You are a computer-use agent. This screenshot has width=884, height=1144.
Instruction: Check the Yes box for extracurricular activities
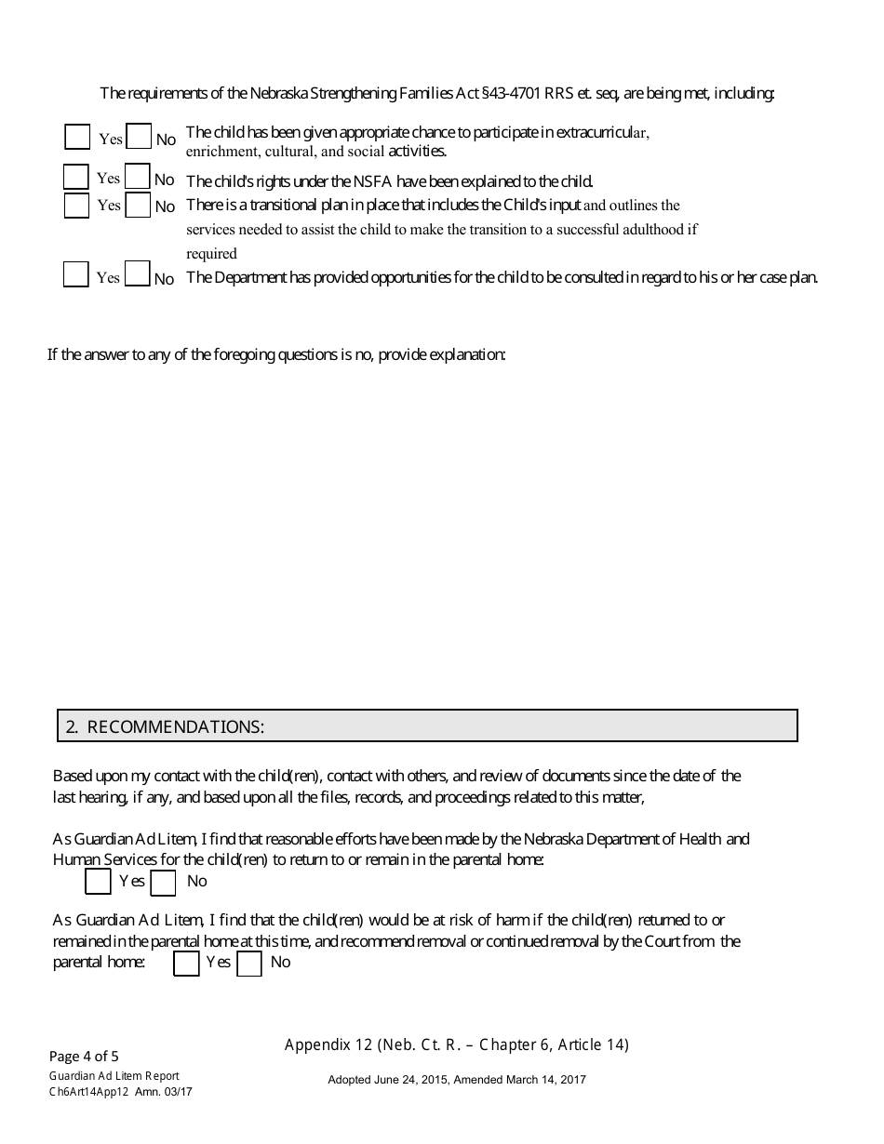coord(77,138)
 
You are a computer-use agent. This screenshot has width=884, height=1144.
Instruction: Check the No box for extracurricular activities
coord(139,138)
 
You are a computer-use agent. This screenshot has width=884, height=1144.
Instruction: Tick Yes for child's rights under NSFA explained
coord(76,178)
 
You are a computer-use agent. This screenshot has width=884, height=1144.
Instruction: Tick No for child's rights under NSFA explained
coord(138,178)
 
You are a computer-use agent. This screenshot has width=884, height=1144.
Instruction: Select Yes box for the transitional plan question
coord(76,206)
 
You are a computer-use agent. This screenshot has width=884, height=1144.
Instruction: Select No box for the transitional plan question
coord(138,206)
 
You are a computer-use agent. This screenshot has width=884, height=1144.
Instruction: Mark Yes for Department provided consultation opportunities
coord(76,275)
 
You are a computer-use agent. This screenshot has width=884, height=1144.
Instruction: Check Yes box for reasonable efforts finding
coord(98,882)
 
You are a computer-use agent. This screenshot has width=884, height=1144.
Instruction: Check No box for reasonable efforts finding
coord(163,883)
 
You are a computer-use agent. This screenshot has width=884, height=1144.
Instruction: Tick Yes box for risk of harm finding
coord(187,964)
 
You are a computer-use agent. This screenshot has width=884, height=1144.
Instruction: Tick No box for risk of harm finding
coord(249,964)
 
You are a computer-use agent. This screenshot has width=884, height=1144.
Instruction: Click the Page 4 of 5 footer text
coord(84,1056)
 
